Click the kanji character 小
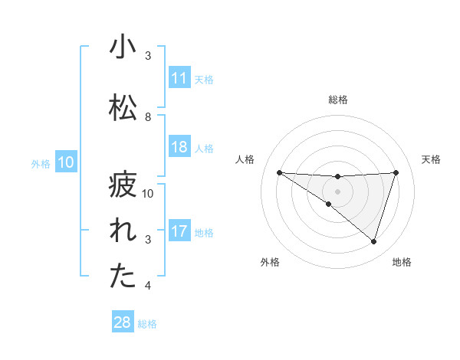(x=122, y=47)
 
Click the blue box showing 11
(x=179, y=78)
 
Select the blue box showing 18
(x=179, y=148)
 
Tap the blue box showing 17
(x=179, y=231)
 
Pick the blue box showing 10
(x=66, y=162)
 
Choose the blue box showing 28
(x=123, y=322)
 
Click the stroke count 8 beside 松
(x=148, y=116)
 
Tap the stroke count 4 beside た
(x=148, y=286)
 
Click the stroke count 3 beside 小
(x=148, y=56)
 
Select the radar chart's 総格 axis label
(x=337, y=100)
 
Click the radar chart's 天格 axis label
(x=431, y=159)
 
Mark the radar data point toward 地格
(x=374, y=241)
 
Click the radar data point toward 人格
(x=279, y=172)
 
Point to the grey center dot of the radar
(x=337, y=191)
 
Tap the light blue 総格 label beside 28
(x=147, y=324)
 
